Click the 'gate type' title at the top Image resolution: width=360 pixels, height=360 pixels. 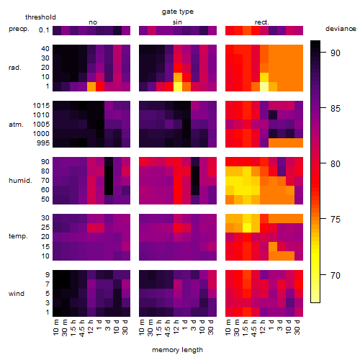pos(178,12)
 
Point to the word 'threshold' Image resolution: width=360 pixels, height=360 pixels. pos(40,17)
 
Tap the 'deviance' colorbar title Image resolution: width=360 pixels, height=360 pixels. pos(341,29)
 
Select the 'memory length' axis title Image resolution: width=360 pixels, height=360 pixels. pos(178,350)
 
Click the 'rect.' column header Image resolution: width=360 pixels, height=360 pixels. pos(262,22)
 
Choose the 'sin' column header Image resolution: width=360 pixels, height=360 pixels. pos(177,22)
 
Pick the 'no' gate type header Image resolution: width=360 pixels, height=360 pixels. pos(93,22)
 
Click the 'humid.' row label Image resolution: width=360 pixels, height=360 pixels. pos(20,181)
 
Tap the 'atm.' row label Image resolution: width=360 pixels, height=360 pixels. pos(16,125)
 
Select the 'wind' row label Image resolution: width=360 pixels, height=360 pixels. pos(17,294)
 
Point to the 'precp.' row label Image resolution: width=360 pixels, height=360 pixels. pos(19,29)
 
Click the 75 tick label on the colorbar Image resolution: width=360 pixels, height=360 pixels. pos(336,220)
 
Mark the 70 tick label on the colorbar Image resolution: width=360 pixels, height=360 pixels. pos(336,275)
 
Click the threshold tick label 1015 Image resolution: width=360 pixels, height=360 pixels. pos(41,106)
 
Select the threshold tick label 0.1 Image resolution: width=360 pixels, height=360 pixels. pos(44,30)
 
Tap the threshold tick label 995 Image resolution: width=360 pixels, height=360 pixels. pos(43,143)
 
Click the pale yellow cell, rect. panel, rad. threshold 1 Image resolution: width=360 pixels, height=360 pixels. pos(264,86)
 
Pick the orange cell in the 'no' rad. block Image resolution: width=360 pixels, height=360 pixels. pos(91,86)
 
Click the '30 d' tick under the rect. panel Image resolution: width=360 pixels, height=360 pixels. pos(297,327)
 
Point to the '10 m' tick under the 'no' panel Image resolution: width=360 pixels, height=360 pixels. pos(55,327)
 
